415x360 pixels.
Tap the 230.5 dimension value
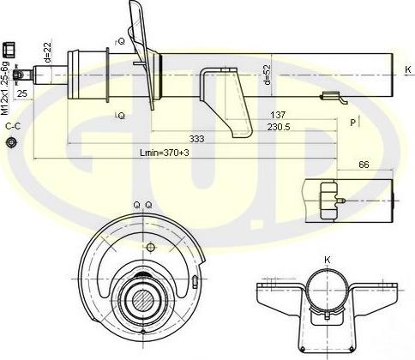click(276, 127)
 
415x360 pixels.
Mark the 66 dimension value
click(364, 164)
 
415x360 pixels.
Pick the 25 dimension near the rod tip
click(22, 93)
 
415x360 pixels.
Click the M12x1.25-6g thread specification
click(6, 87)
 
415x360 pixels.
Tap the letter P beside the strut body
click(352, 123)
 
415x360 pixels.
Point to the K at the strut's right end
click(407, 69)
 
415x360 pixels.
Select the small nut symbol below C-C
click(11, 142)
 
